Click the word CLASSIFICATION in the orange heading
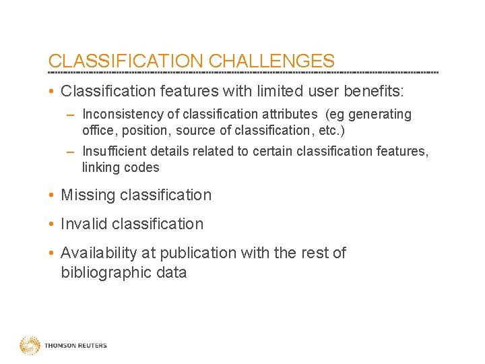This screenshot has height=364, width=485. (x=127, y=61)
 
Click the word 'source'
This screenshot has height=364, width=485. (x=196, y=131)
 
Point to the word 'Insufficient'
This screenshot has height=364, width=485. (x=117, y=151)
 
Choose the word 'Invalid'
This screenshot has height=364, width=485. (x=84, y=224)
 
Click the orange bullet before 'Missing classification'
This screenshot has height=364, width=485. (x=52, y=195)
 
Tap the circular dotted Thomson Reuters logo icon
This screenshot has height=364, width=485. (x=30, y=345)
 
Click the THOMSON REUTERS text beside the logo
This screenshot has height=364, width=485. (x=75, y=346)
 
